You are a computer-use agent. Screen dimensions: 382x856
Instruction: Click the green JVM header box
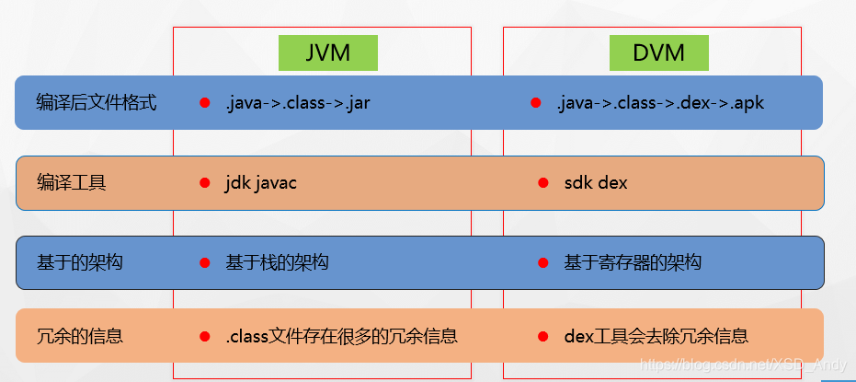[x=328, y=52]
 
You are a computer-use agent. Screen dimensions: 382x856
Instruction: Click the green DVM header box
[x=659, y=52]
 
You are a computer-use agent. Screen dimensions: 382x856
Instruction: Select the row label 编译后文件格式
[x=97, y=102]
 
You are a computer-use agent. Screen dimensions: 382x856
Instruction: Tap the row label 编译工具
[x=72, y=183]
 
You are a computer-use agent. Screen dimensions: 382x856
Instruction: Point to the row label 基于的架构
[x=80, y=263]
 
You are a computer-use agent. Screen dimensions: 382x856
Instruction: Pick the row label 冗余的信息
[x=80, y=336]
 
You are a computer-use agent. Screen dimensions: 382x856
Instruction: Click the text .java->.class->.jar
[x=298, y=102]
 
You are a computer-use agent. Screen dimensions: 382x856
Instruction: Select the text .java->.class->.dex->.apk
[x=660, y=102]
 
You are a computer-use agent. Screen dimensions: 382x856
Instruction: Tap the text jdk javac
[x=261, y=183]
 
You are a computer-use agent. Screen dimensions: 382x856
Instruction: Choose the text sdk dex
[x=596, y=183]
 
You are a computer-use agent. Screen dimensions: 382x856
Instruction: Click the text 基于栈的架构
[x=277, y=263]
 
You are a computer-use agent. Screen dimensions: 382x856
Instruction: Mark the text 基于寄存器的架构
[x=633, y=263]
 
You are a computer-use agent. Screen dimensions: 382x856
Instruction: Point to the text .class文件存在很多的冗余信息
[x=341, y=336]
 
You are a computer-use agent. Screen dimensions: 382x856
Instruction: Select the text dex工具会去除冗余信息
[x=656, y=336]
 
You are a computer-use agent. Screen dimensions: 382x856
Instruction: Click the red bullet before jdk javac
[x=205, y=183]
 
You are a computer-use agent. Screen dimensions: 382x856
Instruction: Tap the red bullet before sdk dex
[x=543, y=183]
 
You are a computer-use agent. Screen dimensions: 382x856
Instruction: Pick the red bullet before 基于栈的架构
[x=205, y=263]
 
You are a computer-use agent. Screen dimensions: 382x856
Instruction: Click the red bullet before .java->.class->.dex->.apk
[x=536, y=102]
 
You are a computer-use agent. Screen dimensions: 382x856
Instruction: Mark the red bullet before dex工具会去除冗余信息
[x=543, y=336]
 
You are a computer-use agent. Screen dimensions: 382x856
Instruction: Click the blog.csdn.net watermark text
[x=743, y=365]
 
